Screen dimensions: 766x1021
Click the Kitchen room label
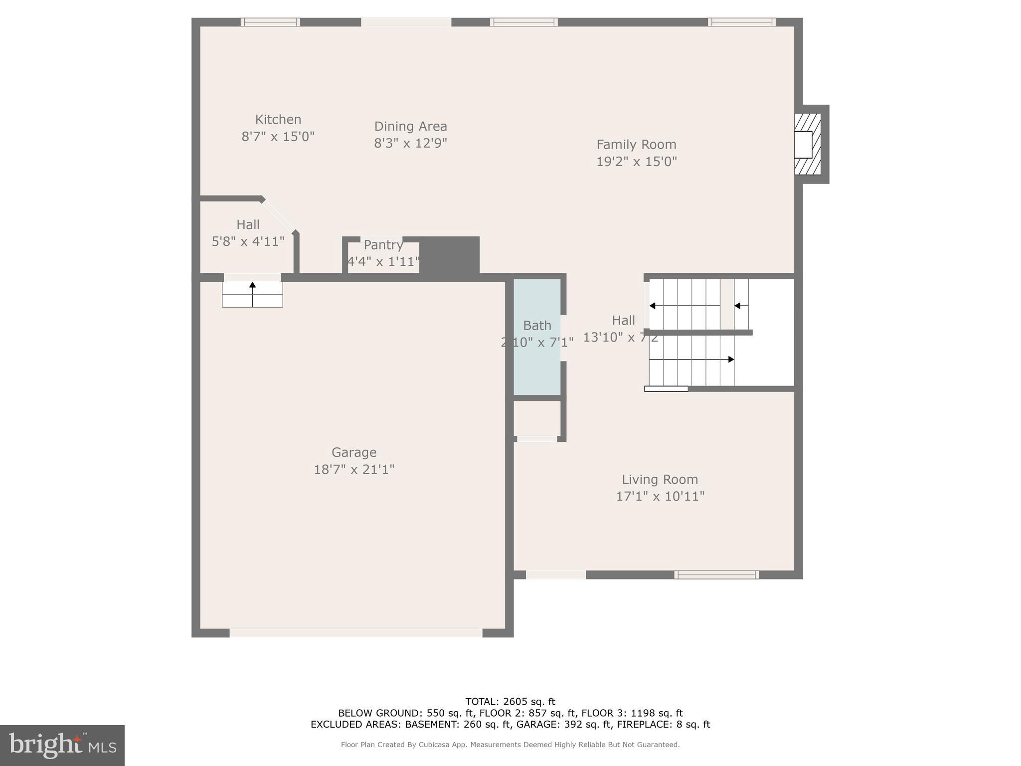point(278,120)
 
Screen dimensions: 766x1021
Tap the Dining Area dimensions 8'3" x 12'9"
point(410,144)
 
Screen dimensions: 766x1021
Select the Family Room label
point(636,145)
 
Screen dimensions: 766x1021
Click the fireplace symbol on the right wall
point(807,144)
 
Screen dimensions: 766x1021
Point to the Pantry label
point(383,245)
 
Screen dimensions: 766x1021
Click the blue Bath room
point(537,369)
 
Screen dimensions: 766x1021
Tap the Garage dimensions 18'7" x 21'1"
point(354,470)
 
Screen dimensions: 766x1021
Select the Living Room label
point(660,480)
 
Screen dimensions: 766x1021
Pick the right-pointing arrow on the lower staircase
point(730,360)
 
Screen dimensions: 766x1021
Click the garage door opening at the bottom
point(355,633)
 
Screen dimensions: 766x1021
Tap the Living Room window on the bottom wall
point(716,574)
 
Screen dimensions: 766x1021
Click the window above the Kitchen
point(270,22)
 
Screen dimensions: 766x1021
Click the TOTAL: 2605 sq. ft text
point(510,702)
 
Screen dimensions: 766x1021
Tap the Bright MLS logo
point(62,745)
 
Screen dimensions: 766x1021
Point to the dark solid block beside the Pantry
point(449,255)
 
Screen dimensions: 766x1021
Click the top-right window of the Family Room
point(741,22)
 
